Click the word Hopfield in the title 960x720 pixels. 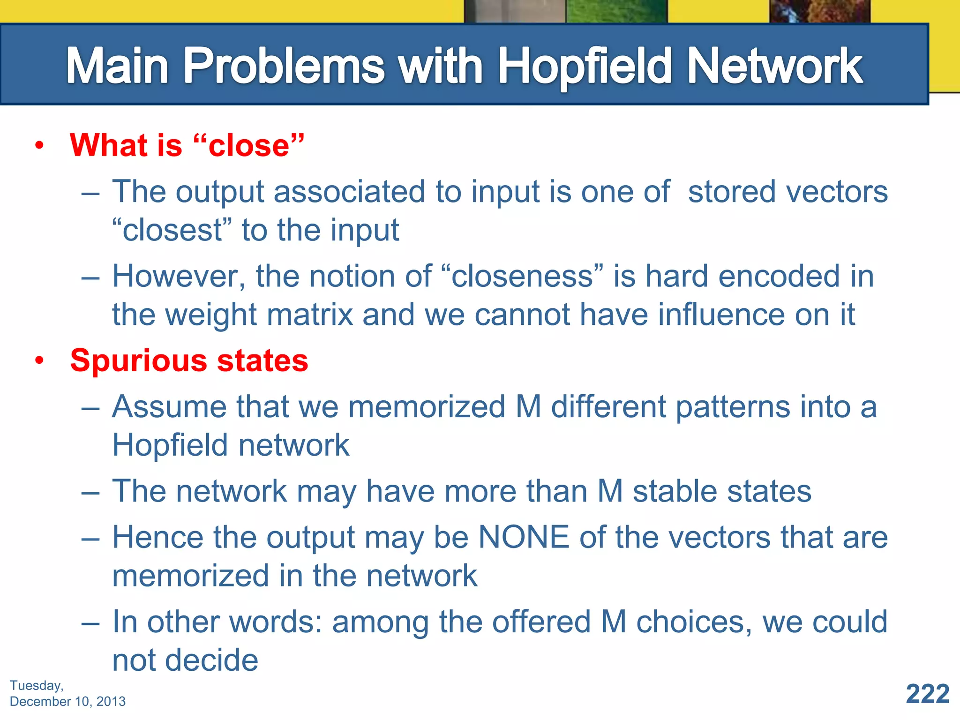click(586, 67)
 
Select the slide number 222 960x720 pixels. click(927, 694)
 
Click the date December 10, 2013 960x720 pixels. click(67, 701)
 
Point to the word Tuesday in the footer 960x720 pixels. click(36, 685)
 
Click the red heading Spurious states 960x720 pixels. click(189, 360)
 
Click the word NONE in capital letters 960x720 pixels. click(523, 537)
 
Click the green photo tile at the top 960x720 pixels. click(616, 11)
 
